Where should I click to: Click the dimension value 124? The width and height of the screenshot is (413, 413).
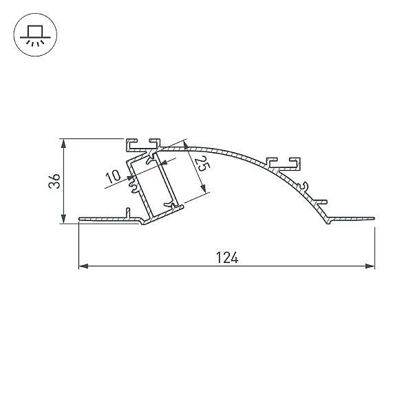[226, 257]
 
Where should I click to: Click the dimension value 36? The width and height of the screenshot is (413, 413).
[54, 180]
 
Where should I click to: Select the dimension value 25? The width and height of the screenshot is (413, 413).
[202, 163]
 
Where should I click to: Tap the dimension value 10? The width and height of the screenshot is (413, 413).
[113, 177]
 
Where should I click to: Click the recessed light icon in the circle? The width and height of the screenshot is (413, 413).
[35, 35]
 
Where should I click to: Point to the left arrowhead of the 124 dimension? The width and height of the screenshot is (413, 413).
[83, 266]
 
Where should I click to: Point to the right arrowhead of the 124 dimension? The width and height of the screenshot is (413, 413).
[370, 266]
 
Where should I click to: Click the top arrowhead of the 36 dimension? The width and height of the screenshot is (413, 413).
[63, 144]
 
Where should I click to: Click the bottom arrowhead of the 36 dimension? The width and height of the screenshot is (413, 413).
[63, 219]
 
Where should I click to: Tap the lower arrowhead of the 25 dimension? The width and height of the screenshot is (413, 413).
[203, 188]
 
